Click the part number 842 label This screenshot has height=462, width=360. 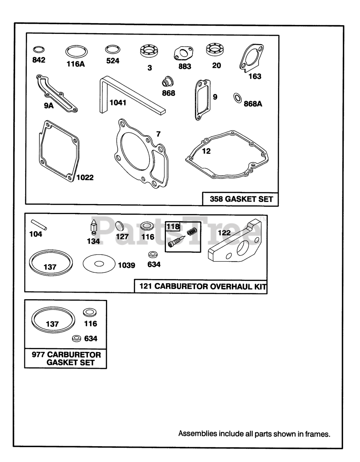pos(39,60)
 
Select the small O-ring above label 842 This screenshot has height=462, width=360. pos(39,49)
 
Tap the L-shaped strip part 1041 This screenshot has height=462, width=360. pos(103,96)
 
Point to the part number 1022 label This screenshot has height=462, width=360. pos(85,178)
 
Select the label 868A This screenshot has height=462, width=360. pos(253,104)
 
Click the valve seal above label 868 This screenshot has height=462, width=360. pos(168,82)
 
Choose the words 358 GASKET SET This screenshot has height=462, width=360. pos(241,199)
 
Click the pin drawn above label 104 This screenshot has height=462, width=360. pos(39,225)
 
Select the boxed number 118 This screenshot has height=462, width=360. pos(173,227)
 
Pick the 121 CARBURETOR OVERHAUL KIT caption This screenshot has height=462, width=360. pos(203,286)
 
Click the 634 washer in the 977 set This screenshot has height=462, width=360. pos(76,339)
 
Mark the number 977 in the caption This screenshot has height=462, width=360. pos(38,355)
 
